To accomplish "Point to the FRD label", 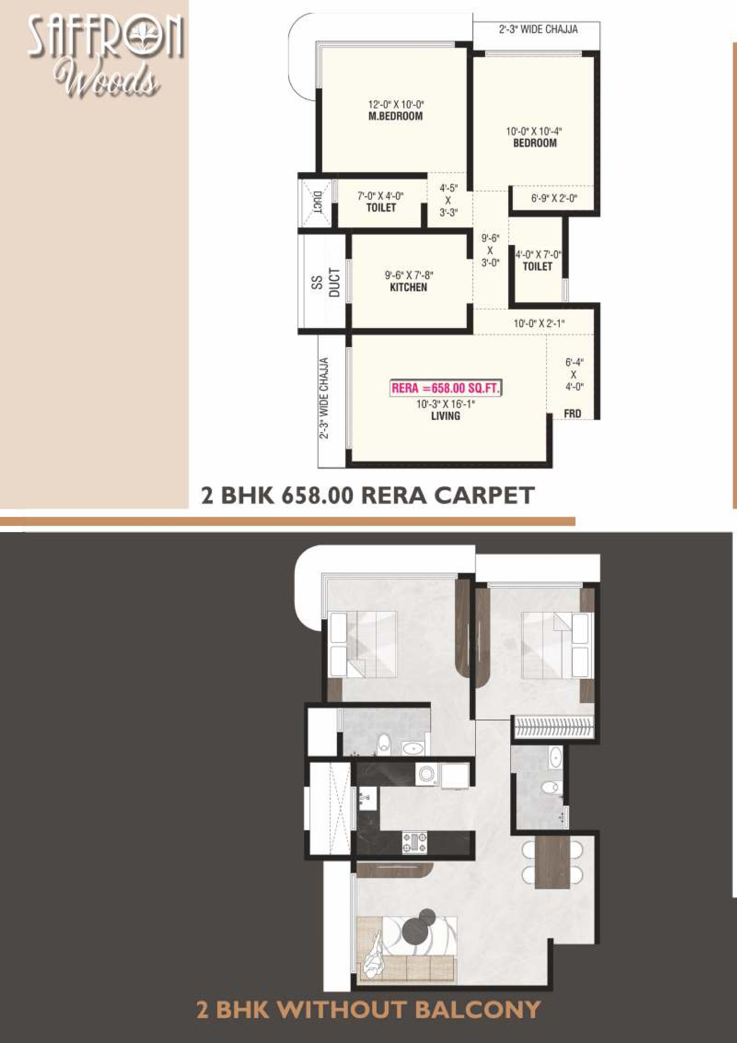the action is (x=572, y=413).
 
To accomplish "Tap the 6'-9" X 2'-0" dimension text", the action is (x=554, y=199).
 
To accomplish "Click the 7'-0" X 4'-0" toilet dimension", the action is (x=381, y=196).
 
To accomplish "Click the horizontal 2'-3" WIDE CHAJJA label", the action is (x=538, y=29).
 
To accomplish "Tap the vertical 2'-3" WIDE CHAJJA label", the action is (x=324, y=399).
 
